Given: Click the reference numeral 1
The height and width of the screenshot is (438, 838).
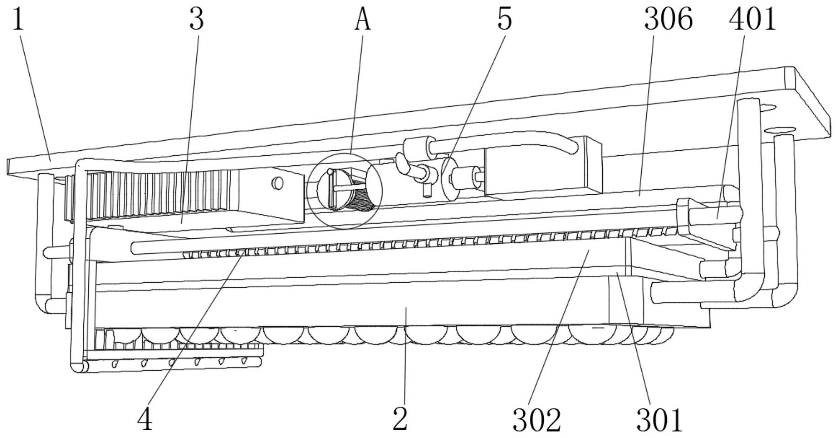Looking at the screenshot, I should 17,20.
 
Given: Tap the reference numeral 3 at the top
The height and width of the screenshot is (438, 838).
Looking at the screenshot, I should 196,20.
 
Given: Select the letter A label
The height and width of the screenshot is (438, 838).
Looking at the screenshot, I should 362,20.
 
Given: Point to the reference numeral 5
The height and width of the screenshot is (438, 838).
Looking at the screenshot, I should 504,19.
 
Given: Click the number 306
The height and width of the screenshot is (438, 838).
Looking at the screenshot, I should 668,20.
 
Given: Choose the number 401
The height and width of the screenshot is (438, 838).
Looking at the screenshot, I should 752,20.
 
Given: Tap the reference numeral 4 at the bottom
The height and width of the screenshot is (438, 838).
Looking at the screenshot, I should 145,419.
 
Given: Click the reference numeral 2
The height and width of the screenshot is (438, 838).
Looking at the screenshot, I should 400,419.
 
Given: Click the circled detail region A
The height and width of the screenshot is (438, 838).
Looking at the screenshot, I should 344,191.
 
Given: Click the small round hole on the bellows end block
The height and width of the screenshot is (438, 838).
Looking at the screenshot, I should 277,183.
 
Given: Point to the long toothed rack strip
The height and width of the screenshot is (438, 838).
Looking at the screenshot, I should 412,243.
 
